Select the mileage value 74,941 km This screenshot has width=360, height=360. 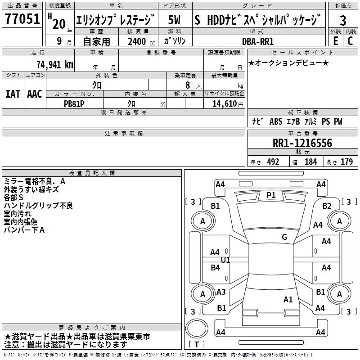[x=54, y=64]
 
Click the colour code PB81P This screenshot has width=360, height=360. [x=75, y=103]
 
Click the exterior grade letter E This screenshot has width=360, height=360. [x=335, y=41]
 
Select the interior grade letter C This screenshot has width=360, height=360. [x=350, y=41]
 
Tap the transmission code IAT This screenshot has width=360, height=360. [x=13, y=94]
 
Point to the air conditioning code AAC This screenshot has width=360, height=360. [x=34, y=94]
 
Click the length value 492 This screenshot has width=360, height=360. [x=273, y=162]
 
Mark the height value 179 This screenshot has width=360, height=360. [x=346, y=162]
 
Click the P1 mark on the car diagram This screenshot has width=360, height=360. [x=271, y=195]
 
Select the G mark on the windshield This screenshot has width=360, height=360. [x=284, y=237]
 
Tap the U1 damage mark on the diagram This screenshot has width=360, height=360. [x=225, y=260]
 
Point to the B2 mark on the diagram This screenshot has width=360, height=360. [x=327, y=206]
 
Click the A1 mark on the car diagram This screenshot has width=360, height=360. [x=288, y=299]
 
